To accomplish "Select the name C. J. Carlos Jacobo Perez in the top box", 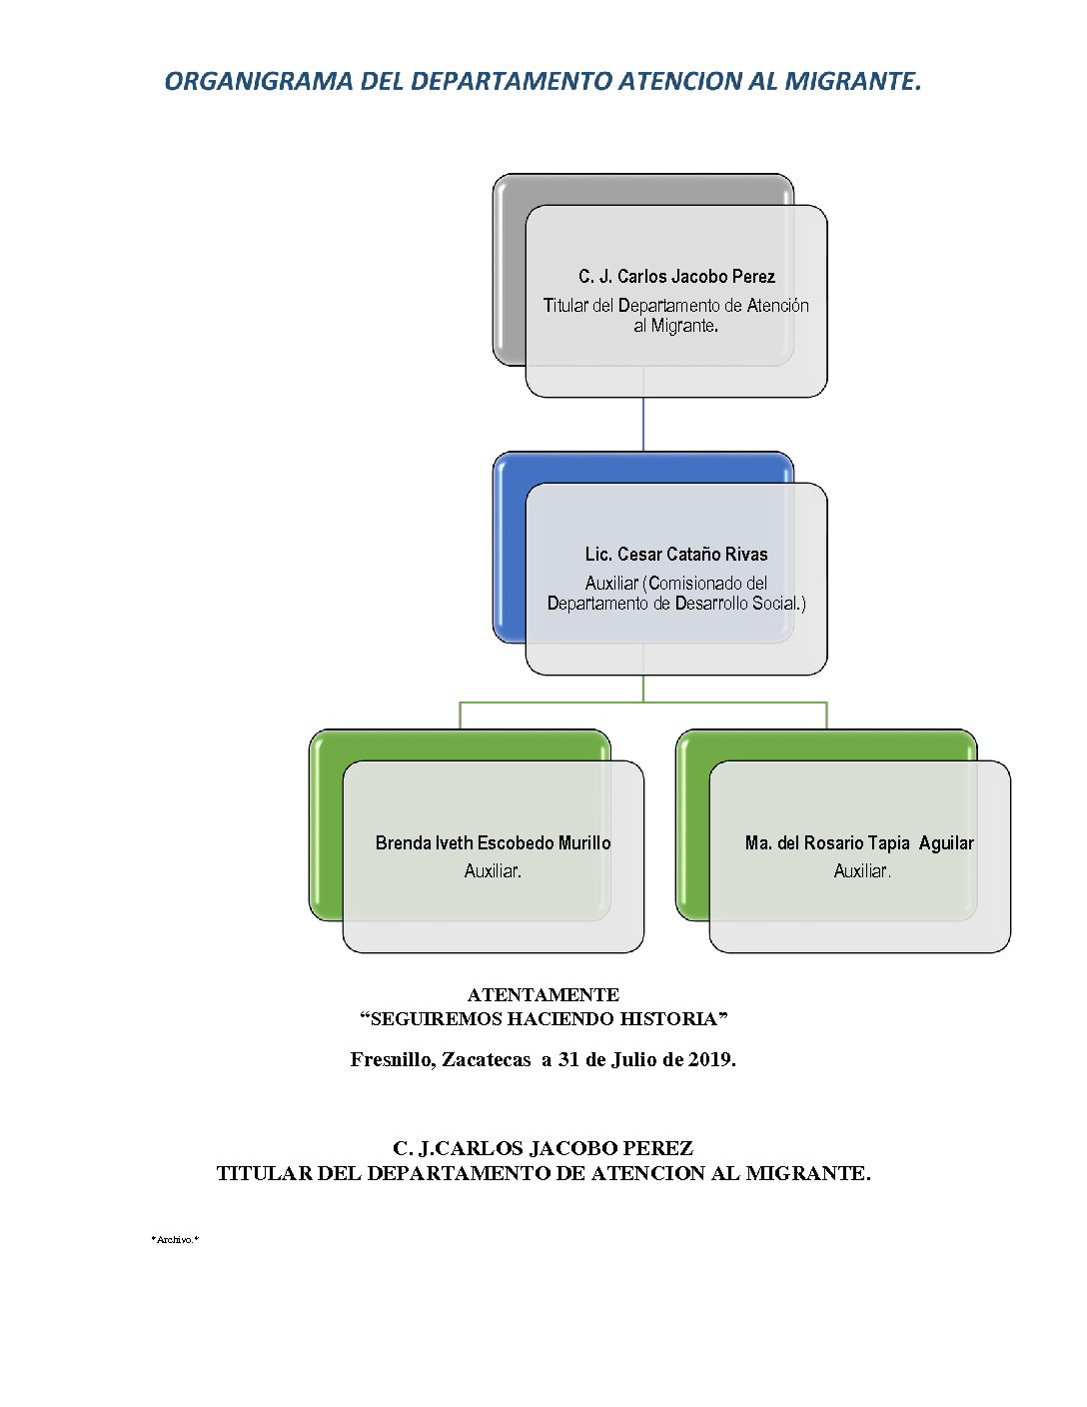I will (676, 277).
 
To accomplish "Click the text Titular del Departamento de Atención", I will (676, 306).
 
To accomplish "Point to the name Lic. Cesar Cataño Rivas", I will (676, 555).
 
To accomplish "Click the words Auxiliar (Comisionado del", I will (676, 583).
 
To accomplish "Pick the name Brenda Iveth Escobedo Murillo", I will (493, 843).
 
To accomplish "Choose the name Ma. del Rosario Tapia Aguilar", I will (859, 843).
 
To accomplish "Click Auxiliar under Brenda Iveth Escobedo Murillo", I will (493, 871).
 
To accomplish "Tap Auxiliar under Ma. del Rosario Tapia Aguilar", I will (862, 871).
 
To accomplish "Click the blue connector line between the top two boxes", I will (643, 425).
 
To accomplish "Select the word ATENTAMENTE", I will (543, 995).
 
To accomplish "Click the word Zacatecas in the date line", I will (486, 1060).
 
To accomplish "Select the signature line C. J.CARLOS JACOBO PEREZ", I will (543, 1148).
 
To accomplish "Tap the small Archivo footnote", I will (175, 1239).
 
